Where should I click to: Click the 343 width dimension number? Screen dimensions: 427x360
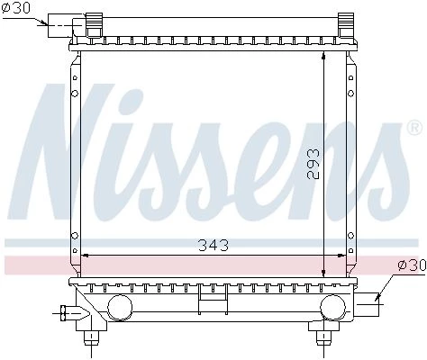(213, 245)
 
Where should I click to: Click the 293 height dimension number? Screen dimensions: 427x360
(313, 164)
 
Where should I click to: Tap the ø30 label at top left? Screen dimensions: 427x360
(16, 8)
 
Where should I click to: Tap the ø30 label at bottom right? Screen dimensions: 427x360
(412, 265)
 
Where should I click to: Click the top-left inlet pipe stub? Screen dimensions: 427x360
(60, 25)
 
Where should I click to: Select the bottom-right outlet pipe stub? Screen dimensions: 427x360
(367, 304)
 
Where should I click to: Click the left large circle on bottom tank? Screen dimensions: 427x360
(120, 307)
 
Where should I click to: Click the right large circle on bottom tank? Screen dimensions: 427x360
(333, 307)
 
